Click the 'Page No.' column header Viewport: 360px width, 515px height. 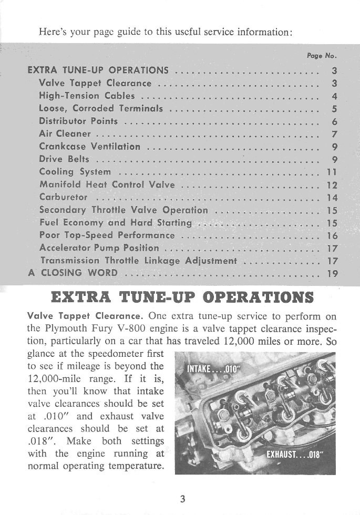point(321,55)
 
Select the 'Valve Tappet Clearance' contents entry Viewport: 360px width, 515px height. point(95,83)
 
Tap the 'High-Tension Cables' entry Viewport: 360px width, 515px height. point(87,96)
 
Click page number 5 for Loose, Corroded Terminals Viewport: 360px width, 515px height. point(334,109)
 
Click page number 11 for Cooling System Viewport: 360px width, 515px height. point(332,172)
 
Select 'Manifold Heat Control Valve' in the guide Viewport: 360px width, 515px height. point(107,185)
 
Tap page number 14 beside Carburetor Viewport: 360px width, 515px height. point(332,198)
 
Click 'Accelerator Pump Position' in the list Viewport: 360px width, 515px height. point(99,248)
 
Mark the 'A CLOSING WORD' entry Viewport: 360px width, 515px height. point(72,273)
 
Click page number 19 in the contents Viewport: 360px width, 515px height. point(332,273)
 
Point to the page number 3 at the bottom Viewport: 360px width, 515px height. point(182,499)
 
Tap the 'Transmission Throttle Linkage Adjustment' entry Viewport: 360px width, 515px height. point(139,261)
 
